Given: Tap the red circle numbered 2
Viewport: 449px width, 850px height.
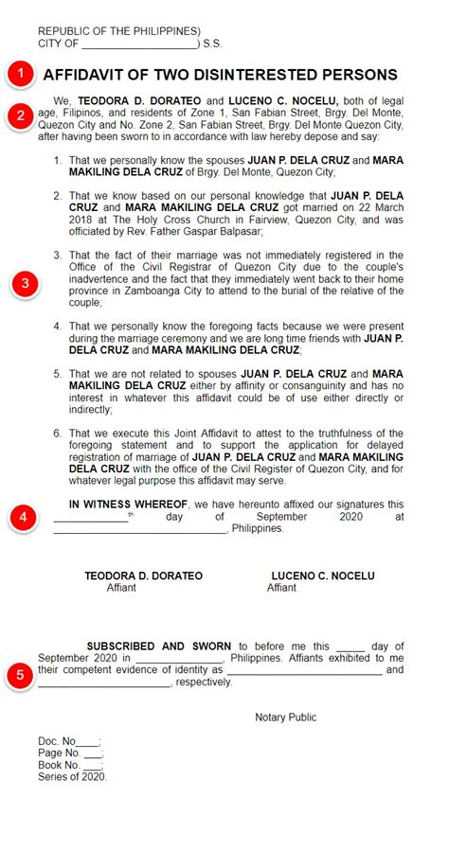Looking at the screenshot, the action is point(21,116).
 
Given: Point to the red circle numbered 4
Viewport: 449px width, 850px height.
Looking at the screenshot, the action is point(24,517).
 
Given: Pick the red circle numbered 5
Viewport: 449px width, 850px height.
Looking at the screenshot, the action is point(19,676).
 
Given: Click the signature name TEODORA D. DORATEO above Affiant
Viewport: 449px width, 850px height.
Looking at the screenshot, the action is point(143,576).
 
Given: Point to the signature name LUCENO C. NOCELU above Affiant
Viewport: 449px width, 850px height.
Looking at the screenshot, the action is point(322,576).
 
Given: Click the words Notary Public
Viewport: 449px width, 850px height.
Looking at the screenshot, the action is point(285,717).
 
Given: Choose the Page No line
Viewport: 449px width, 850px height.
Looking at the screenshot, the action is point(70,753).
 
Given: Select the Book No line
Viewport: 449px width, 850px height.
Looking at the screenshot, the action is point(71,765).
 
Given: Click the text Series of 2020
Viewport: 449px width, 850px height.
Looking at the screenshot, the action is point(73,776).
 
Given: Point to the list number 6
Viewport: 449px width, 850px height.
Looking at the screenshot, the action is point(59,433).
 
